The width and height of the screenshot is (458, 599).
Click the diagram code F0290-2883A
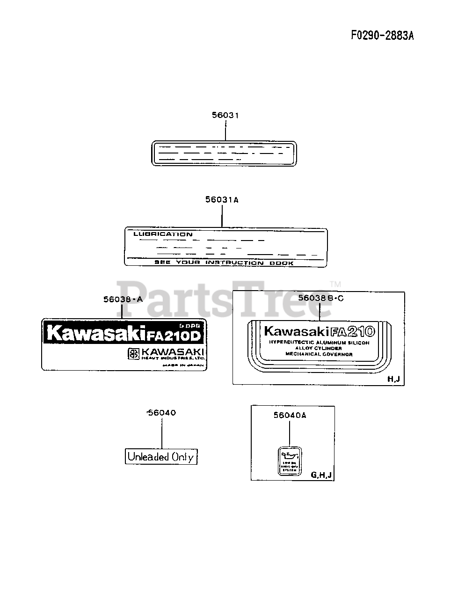[383, 36]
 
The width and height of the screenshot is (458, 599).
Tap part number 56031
[225, 115]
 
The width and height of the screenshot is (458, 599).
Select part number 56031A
[221, 200]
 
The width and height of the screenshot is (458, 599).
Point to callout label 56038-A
[123, 299]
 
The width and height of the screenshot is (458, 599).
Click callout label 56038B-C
[320, 298]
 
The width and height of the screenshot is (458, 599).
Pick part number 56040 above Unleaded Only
[161, 413]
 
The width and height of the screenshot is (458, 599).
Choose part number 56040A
[290, 415]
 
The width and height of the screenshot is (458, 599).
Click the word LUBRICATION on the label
[163, 234]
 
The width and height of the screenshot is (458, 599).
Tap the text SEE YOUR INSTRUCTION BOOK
[224, 263]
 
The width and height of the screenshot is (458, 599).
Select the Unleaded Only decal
[161, 457]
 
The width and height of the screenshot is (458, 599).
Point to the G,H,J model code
[321, 475]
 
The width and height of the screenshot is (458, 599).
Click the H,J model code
[394, 379]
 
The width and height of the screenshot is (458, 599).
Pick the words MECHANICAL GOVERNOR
[319, 354]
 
